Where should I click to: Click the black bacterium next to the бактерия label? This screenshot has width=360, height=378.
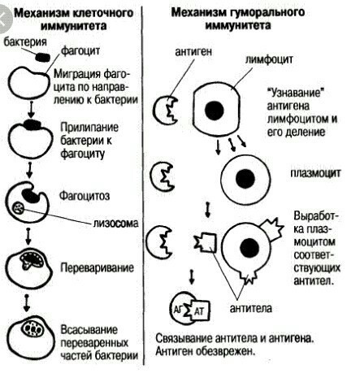[42, 57]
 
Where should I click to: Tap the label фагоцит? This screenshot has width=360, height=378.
[80, 50]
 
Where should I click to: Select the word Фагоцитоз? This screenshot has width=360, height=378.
[85, 196]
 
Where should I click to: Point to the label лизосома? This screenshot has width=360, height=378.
[116, 223]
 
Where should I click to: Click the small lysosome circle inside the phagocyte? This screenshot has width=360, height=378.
[19, 208]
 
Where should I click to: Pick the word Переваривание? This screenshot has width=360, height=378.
[97, 267]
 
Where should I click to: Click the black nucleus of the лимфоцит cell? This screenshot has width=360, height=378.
[215, 111]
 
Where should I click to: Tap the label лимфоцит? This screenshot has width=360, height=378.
[269, 59]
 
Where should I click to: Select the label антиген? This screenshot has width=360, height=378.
[193, 51]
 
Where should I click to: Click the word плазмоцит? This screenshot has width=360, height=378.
[315, 173]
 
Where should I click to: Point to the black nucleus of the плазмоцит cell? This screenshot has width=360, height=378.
[245, 179]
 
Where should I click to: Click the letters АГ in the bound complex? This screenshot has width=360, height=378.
[178, 309]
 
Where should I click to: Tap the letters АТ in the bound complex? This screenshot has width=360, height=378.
[198, 311]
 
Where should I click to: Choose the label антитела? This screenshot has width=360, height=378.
[251, 308]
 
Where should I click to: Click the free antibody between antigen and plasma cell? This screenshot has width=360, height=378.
[206, 242]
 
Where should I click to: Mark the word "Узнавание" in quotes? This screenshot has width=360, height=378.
[296, 93]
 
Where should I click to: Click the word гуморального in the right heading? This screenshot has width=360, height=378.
[266, 12]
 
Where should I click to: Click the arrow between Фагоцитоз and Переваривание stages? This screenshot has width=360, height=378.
[28, 236]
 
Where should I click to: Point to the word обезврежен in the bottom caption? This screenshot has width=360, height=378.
[226, 351]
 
